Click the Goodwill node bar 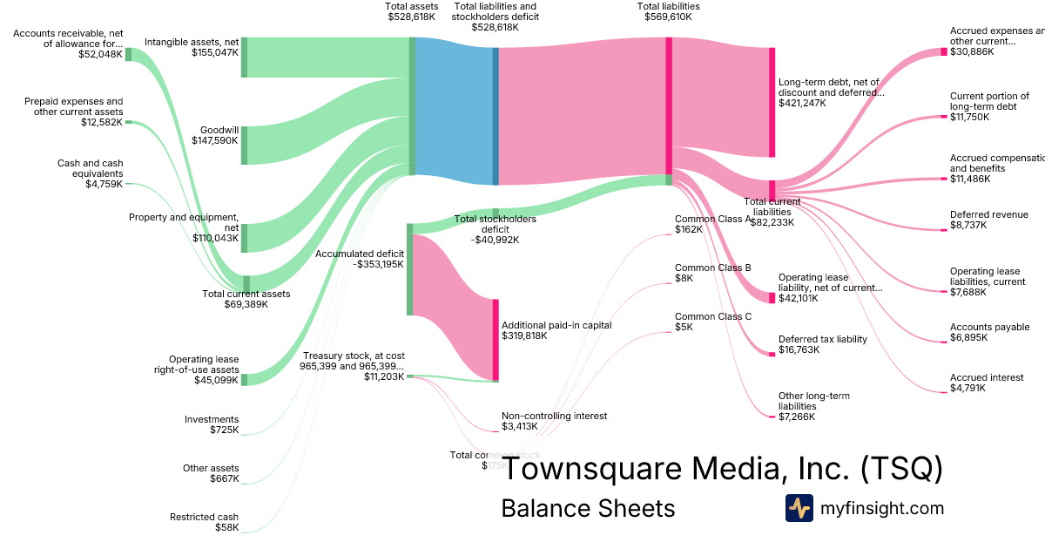244,145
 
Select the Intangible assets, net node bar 244,58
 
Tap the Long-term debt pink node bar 772,102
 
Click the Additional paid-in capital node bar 496,340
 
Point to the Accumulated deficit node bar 409,269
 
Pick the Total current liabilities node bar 772,190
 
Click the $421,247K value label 802,103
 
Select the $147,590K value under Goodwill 215,139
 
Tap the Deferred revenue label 988,214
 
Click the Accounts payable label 989,327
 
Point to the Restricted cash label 204,517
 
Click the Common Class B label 712,268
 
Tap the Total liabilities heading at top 668,6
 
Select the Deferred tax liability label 822,339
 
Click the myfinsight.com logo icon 799,508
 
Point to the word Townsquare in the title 592,469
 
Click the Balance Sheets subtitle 587,509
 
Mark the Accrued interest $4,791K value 967,389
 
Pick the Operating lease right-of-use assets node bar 244,379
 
